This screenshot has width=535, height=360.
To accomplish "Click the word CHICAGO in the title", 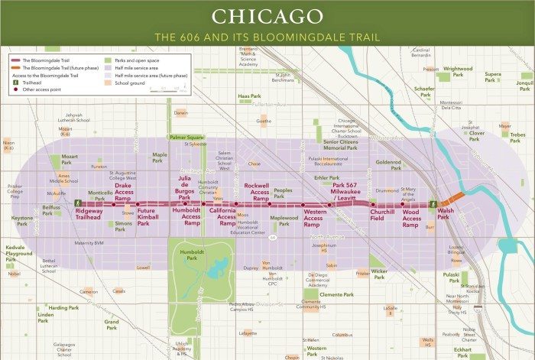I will [x=267, y=16].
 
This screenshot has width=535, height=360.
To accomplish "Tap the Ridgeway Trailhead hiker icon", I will [x=79, y=203].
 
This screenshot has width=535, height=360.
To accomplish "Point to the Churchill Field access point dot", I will [x=373, y=205].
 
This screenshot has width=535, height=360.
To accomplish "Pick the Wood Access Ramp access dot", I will [x=403, y=205].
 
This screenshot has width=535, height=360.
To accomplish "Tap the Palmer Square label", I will [x=187, y=137].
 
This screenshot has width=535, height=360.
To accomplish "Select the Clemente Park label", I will [x=336, y=294].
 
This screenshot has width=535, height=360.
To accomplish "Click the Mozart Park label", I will [x=70, y=159].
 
